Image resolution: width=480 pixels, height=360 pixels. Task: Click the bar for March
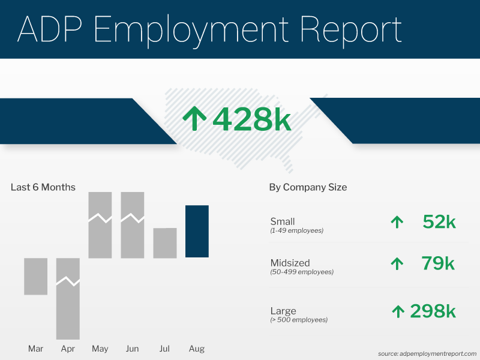pyautogui.click(x=35, y=276)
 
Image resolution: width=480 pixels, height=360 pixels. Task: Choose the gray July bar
pyautogui.click(x=165, y=243)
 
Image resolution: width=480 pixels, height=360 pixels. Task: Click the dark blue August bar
pyautogui.click(x=197, y=232)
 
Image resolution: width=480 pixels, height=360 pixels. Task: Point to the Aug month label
pyautogui.click(x=197, y=349)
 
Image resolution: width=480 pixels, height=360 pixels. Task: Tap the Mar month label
pyautogui.click(x=35, y=349)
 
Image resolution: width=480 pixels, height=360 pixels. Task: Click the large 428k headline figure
pyautogui.click(x=251, y=119)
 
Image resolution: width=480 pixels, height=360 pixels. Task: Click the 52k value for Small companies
pyautogui.click(x=439, y=222)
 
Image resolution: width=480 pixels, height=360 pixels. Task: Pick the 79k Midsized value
pyautogui.click(x=437, y=263)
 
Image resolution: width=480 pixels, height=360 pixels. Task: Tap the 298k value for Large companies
pyautogui.click(x=433, y=311)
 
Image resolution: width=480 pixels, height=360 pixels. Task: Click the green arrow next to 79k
pyautogui.click(x=397, y=263)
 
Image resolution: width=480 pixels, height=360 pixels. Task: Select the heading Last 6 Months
pyautogui.click(x=43, y=187)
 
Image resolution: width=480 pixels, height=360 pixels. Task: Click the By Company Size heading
pyautogui.click(x=308, y=187)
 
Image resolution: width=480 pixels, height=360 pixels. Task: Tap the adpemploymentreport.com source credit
pyautogui.click(x=427, y=353)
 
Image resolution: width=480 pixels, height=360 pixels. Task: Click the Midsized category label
pyautogui.click(x=290, y=263)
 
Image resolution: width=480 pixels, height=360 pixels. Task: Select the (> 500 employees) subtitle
pyautogui.click(x=299, y=320)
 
